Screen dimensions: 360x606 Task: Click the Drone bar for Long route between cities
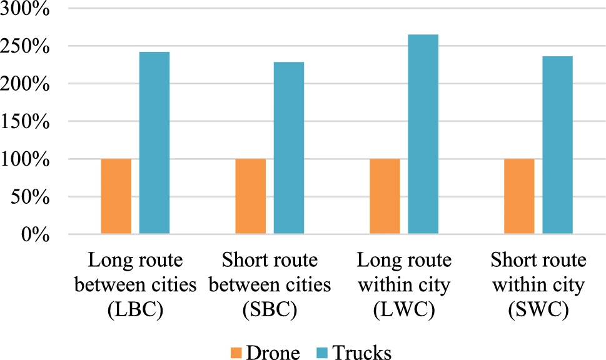tap(116, 197)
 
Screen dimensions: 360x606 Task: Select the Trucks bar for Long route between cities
tap(154, 143)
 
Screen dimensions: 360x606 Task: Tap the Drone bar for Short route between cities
tap(251, 197)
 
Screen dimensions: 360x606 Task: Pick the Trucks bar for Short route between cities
tap(289, 148)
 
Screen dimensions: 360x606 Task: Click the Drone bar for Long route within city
tap(385, 197)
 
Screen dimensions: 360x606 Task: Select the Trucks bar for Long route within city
tap(423, 134)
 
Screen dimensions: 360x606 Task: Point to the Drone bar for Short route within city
tap(519, 197)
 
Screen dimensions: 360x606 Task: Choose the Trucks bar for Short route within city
tap(558, 146)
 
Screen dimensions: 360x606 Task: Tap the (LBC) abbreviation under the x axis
tap(136, 311)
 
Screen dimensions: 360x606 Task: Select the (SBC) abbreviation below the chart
tap(270, 311)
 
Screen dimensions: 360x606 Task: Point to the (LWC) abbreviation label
tap(405, 311)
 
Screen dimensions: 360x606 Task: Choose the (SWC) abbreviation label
tap(539, 311)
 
